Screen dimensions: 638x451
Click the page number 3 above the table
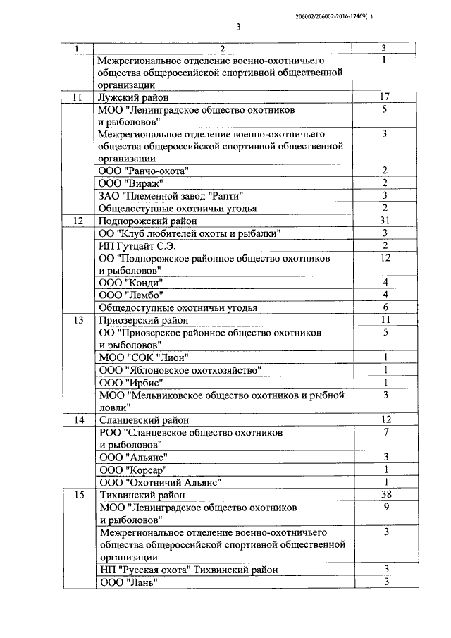238,27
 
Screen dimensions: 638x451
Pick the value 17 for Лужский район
385,97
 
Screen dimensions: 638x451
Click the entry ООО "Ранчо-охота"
144,171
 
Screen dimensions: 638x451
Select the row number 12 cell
78,221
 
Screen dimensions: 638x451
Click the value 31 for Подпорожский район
385,220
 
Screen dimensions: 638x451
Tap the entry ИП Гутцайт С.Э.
137,245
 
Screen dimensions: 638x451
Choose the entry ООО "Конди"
136,283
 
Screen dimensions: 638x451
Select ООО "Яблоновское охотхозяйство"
180,369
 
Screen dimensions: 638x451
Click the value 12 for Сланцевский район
385,419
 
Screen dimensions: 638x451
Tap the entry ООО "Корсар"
140,469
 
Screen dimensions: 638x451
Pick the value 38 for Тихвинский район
385,493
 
